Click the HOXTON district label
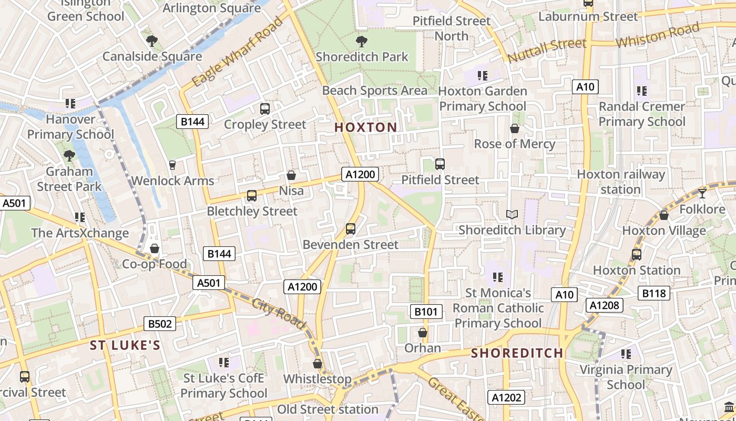[366, 127]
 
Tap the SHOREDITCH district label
[517, 353]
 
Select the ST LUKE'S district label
[125, 346]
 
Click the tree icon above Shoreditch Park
[361, 41]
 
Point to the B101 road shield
[426, 312]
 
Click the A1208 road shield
[605, 305]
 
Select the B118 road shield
[653, 293]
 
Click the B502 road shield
[160, 324]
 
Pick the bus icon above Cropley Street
[265, 109]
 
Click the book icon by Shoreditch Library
[512, 214]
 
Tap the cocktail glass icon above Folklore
[702, 194]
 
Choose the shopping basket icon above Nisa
[291, 175]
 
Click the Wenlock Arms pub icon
[172, 165]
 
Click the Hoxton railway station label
[621, 182]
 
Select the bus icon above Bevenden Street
[351, 229]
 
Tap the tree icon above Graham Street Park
[69, 155]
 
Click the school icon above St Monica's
[498, 277]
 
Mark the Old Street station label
[328, 409]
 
